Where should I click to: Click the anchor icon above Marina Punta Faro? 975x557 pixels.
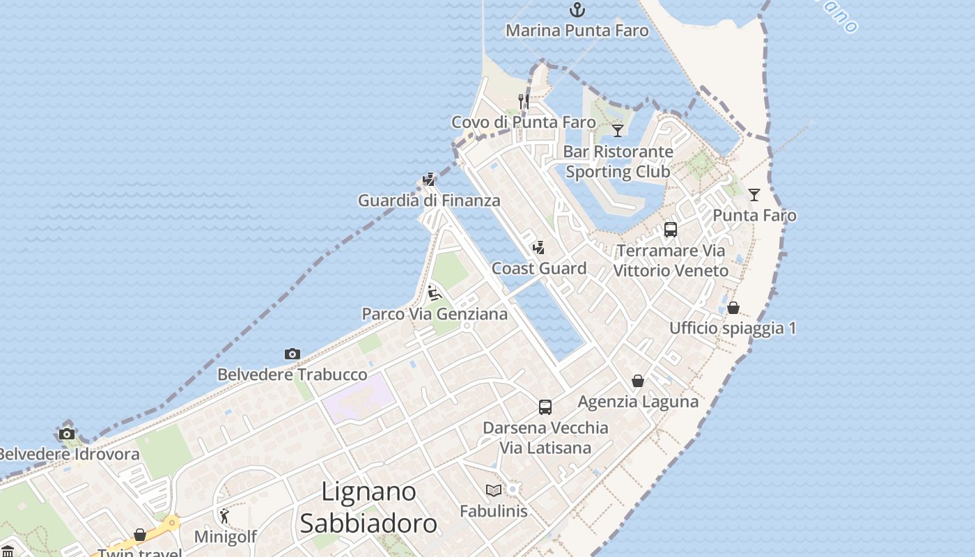(577, 10)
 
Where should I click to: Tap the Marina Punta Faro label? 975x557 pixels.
(577, 31)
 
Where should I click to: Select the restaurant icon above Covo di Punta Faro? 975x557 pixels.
(523, 102)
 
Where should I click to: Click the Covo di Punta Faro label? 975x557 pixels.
(523, 123)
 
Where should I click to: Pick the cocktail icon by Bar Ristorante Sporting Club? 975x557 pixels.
(618, 130)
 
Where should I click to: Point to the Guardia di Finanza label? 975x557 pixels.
(429, 201)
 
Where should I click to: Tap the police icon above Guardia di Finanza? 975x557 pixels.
(429, 180)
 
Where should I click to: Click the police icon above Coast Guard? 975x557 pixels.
(538, 247)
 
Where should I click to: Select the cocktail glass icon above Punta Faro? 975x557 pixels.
(754, 194)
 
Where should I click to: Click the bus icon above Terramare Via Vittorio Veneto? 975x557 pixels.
(671, 230)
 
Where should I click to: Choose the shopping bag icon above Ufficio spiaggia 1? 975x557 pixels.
(733, 307)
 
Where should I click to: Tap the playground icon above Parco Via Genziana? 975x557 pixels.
(435, 293)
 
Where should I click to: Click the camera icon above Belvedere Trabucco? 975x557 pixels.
(292, 354)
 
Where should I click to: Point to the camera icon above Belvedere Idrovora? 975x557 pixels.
(67, 434)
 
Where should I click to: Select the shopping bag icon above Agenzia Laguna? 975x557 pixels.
(638, 381)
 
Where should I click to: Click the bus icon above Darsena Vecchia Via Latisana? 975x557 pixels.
(545, 407)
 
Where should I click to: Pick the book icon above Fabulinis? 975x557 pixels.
(494, 490)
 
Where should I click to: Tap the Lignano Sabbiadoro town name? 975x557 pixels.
(368, 508)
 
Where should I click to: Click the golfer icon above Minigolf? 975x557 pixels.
(224, 516)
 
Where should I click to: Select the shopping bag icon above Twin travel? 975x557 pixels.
(140, 535)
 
